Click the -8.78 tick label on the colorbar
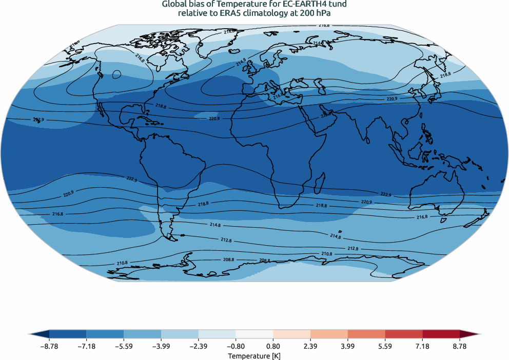point(49,347)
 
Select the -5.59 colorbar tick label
point(124,347)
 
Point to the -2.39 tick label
point(198,347)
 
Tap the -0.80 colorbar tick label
point(236,347)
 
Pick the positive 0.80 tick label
point(273,347)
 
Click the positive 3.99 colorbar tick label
point(348,347)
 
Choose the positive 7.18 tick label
point(422,347)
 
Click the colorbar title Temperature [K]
point(254,355)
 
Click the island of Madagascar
point(319,182)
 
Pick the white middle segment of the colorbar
point(254,333)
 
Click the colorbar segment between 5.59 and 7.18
point(404,333)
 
